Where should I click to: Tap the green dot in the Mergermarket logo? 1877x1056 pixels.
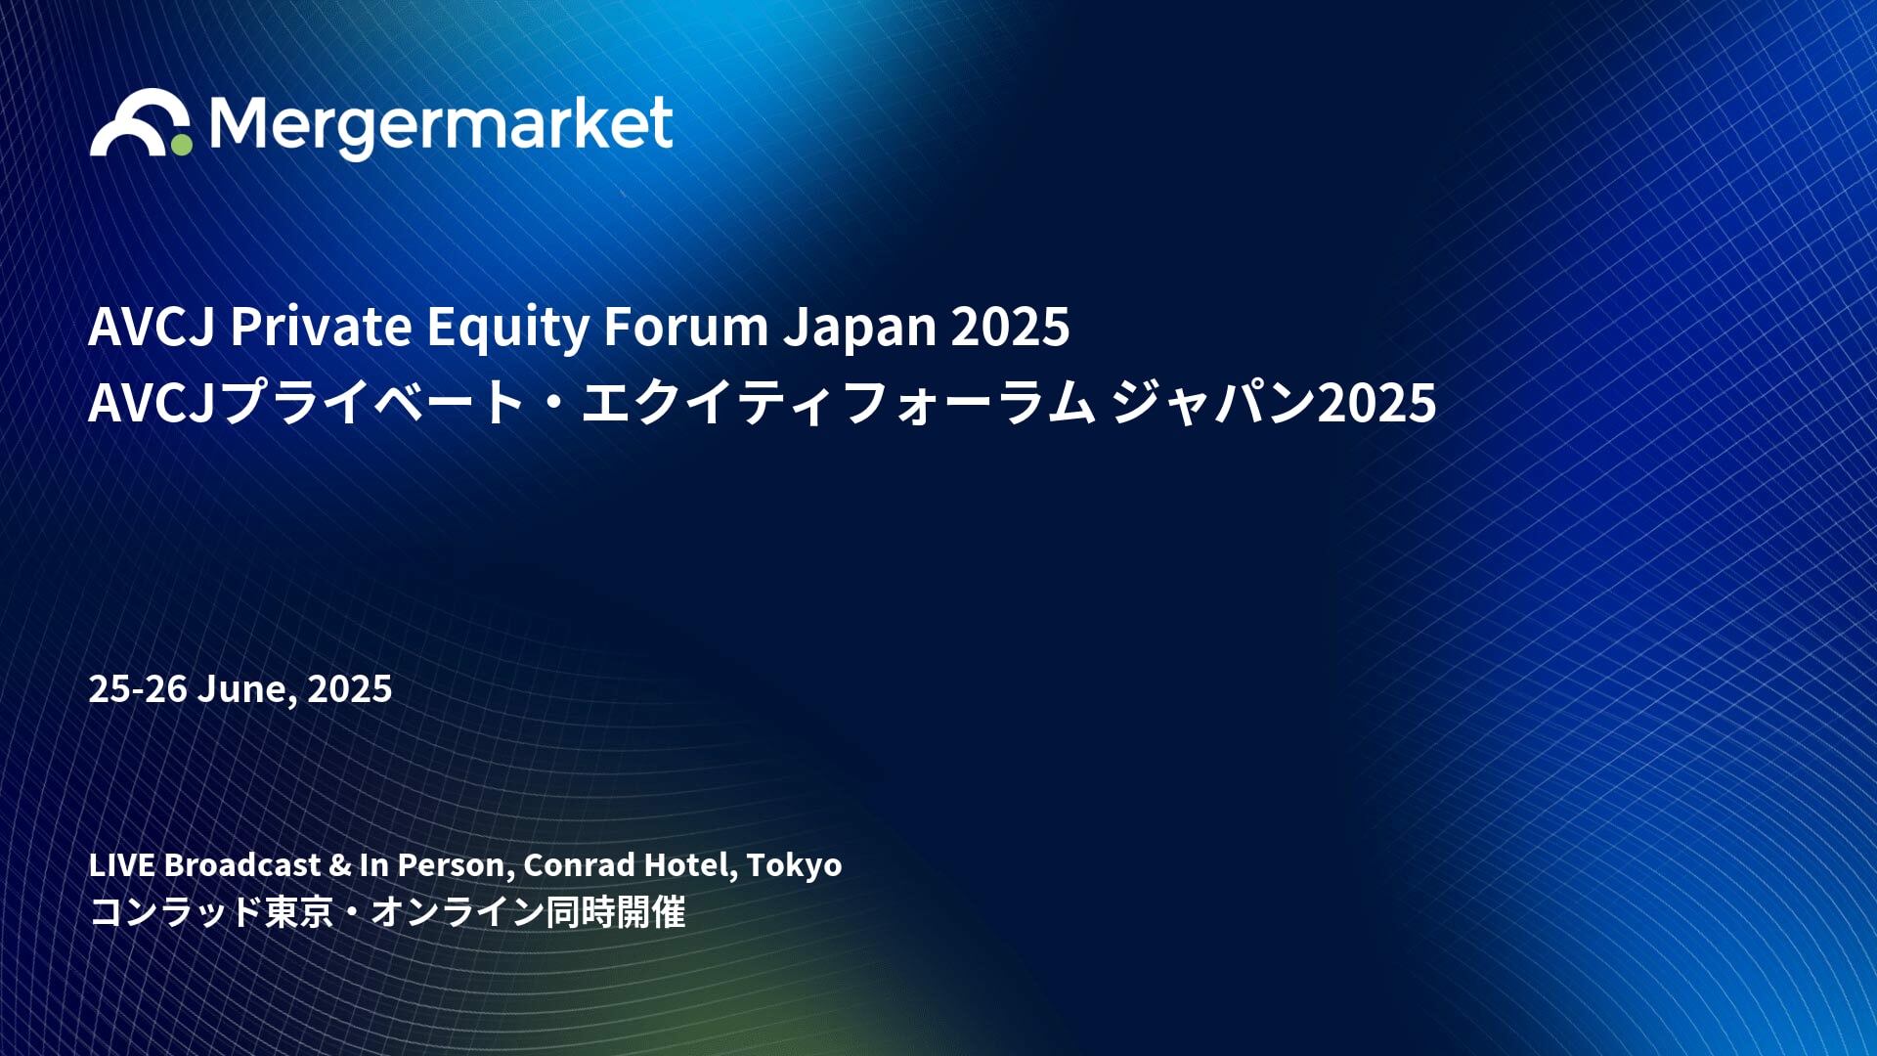click(x=182, y=144)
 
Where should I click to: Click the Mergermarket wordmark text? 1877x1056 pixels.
click(x=441, y=126)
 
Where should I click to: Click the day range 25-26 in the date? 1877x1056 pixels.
click(x=138, y=689)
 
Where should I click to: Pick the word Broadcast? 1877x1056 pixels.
click(x=242, y=864)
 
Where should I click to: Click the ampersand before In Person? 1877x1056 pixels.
click(x=340, y=865)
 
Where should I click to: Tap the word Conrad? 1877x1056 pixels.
click(x=579, y=864)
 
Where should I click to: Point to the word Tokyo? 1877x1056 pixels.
click(x=794, y=866)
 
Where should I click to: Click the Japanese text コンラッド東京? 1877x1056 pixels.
click(x=211, y=912)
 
